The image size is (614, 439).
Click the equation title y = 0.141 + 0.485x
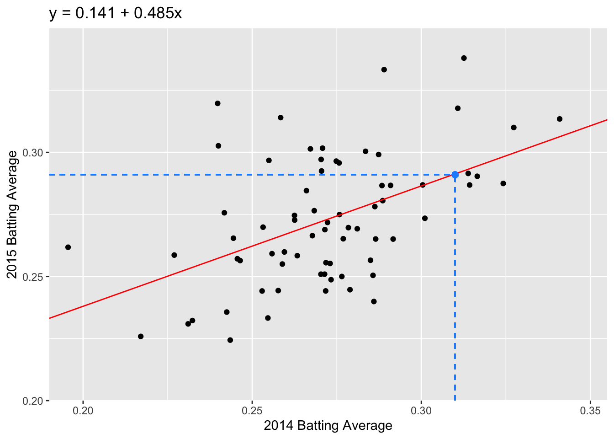pyautogui.click(x=116, y=13)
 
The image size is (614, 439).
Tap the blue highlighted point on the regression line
pyautogui.click(x=455, y=175)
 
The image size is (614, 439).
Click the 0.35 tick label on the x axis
pyautogui.click(x=590, y=410)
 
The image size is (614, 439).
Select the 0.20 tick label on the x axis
pyautogui.click(x=83, y=410)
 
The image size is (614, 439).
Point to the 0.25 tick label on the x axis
pyautogui.click(x=252, y=410)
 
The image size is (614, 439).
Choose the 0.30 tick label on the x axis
pyautogui.click(x=421, y=410)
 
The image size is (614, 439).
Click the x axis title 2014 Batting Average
pyautogui.click(x=328, y=426)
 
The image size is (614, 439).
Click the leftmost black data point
pyautogui.click(x=68, y=247)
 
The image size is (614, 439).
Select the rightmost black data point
pyautogui.click(x=560, y=119)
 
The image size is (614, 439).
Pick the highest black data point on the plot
pyautogui.click(x=464, y=58)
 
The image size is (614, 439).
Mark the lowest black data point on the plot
pyautogui.click(x=230, y=340)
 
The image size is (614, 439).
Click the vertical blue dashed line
pyautogui.click(x=455, y=293)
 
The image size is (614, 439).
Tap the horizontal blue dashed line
pyautogui.click(x=228, y=175)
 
